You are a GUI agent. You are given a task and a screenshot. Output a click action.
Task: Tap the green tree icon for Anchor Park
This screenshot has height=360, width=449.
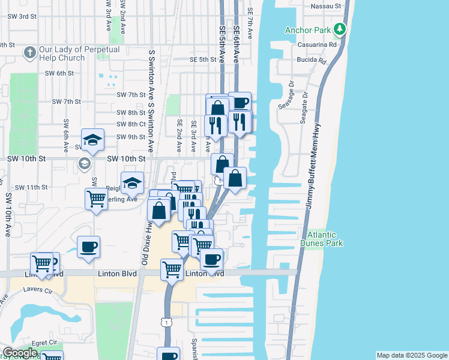click(340, 29)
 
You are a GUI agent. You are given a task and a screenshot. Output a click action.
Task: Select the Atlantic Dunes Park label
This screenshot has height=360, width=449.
click(325, 239)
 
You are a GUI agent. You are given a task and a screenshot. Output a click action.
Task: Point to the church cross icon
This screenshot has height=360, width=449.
click(29, 53)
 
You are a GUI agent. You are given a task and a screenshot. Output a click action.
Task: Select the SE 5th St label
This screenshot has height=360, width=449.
click(202, 59)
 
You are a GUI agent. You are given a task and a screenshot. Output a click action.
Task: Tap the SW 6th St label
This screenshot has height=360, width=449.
click(59, 73)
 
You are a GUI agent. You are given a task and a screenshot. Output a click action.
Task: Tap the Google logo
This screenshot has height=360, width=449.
click(19, 353)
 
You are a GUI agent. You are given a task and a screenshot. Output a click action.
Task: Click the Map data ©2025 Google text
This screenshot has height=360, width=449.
click(412, 355)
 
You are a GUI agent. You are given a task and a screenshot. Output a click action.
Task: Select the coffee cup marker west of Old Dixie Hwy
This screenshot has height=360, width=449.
click(88, 247)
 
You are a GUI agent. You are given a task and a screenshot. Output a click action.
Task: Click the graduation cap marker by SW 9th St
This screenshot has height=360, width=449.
click(93, 140)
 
